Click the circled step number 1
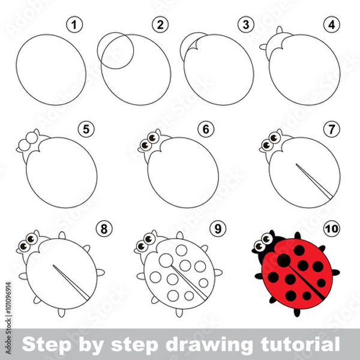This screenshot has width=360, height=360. pyautogui.click(x=73, y=26)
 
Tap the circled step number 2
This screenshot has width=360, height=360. pyautogui.click(x=159, y=26)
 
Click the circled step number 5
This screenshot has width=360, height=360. pyautogui.click(x=86, y=128)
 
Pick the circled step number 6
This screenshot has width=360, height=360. pyautogui.click(x=207, y=128)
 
